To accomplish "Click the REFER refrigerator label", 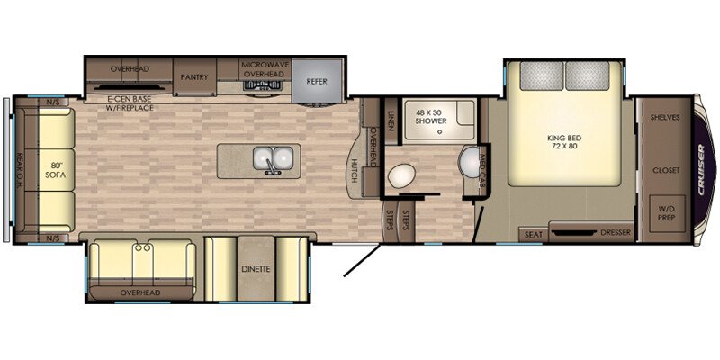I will [316, 81].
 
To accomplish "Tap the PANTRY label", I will [194, 77].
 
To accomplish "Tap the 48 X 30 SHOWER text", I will [429, 121].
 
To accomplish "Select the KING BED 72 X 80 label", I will [563, 142].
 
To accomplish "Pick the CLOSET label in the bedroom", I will [666, 169].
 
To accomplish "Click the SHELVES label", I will [666, 118].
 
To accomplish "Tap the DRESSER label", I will [616, 233].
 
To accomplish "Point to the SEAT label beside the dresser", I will [531, 234].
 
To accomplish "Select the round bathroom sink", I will [470, 163].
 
